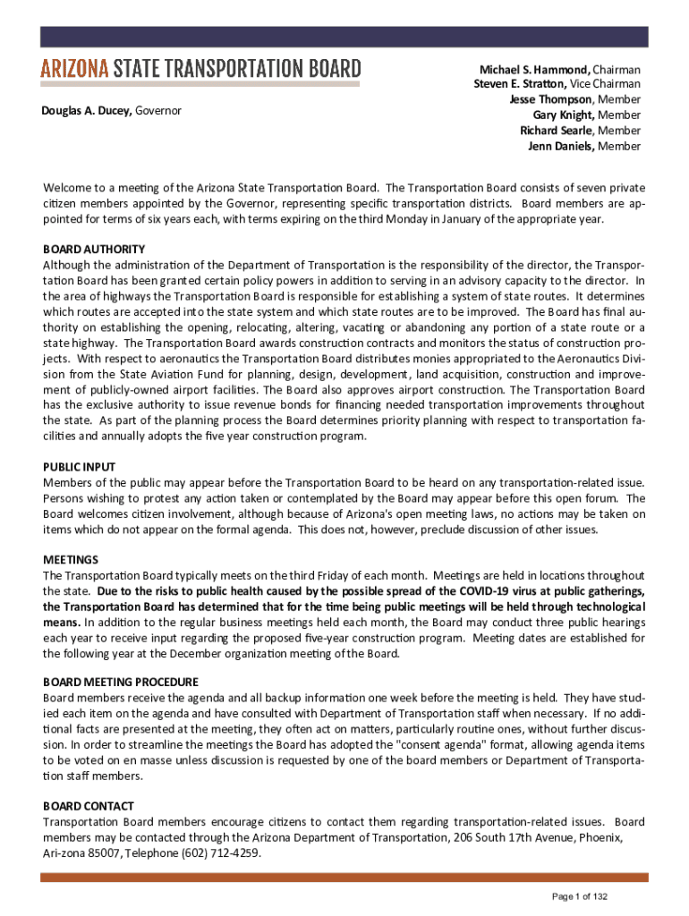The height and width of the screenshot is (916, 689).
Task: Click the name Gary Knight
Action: click(x=563, y=114)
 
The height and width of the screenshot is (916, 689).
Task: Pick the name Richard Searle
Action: click(x=557, y=130)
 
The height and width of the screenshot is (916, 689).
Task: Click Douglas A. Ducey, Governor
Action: click(x=112, y=111)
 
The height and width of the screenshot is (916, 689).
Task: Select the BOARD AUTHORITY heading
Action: click(x=94, y=249)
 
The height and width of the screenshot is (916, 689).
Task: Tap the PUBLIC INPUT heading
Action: click(x=79, y=467)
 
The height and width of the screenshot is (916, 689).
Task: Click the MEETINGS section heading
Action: click(x=71, y=560)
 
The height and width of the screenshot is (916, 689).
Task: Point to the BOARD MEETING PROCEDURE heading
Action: click(x=121, y=682)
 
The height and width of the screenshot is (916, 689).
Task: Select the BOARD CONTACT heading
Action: click(x=89, y=805)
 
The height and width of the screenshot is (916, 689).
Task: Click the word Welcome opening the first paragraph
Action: click(x=69, y=188)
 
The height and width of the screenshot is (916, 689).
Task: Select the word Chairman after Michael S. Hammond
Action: click(x=617, y=69)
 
